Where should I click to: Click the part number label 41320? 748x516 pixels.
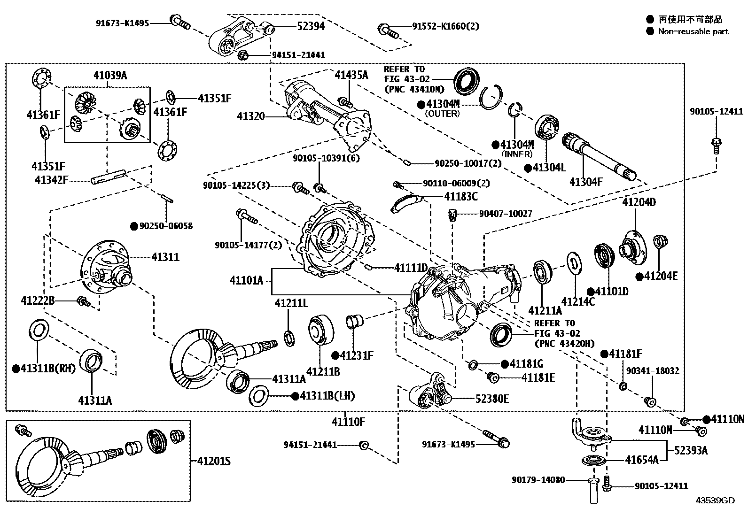click(250, 116)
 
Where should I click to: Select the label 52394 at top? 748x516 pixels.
click(311, 26)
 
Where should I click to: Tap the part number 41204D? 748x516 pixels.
click(639, 202)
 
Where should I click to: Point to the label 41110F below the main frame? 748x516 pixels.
click(348, 421)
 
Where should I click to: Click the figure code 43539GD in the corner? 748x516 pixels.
click(715, 501)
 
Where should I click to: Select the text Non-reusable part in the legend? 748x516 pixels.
click(693, 31)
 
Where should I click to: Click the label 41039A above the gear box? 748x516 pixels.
click(110, 75)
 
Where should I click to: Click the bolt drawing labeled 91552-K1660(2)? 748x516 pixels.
click(387, 31)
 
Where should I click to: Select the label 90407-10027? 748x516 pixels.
click(506, 214)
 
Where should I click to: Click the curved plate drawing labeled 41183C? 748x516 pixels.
click(405, 202)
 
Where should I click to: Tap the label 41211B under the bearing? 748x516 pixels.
click(323, 372)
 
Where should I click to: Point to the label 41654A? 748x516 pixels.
click(641, 460)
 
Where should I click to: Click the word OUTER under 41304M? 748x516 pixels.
click(442, 114)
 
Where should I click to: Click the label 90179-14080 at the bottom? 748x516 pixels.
click(538, 480)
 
